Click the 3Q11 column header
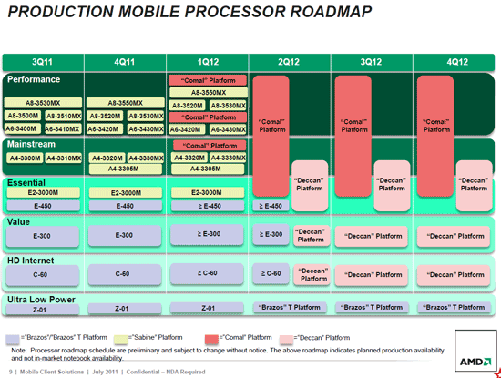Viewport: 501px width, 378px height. (43, 62)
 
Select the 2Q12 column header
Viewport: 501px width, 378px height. (290, 62)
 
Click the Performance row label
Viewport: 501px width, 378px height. (35, 79)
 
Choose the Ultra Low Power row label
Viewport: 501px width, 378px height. (41, 298)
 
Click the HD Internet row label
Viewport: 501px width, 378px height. (32, 260)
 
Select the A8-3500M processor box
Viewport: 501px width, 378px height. (23, 117)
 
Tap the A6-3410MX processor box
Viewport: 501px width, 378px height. (63, 129)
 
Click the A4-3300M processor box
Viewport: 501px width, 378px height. (23, 158)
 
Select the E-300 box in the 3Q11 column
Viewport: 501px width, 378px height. (42, 235)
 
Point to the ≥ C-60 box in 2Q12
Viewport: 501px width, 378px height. (269, 272)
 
